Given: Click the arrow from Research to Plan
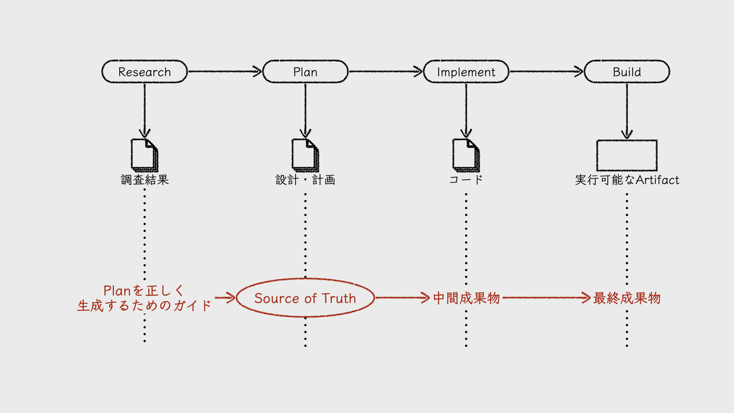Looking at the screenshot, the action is click(225, 71).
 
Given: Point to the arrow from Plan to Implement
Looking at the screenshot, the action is click(386, 71).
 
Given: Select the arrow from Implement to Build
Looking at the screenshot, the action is click(547, 71).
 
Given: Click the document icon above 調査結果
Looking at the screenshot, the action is click(144, 155).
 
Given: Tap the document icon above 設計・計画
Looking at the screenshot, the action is click(305, 155).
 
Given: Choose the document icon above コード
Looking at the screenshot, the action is click(466, 155).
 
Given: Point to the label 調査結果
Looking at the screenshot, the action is click(144, 180).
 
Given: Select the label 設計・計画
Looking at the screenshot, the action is click(305, 180).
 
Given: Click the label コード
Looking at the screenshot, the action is click(466, 180).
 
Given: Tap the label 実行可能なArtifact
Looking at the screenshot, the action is click(627, 180).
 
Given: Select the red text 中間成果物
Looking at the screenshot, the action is click(466, 299).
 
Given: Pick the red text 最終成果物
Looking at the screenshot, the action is click(626, 299).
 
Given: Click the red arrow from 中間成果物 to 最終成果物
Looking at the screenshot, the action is click(546, 297).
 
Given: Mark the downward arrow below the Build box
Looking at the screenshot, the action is click(627, 111).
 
